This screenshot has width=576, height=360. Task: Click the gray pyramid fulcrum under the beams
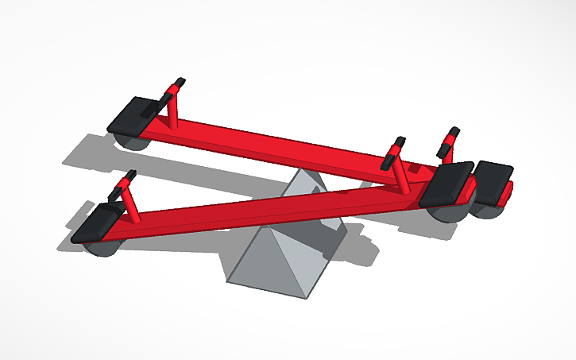(274, 254)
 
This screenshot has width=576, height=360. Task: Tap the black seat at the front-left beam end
(99, 223)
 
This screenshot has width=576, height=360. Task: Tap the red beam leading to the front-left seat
(262, 211)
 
